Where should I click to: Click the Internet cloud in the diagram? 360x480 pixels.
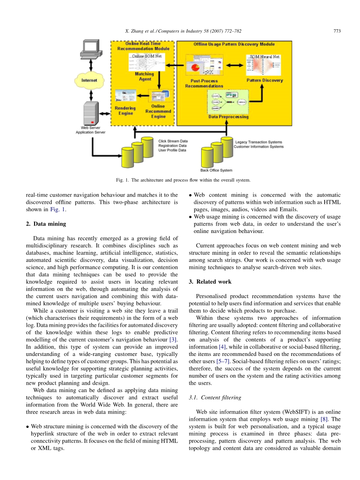click(89, 81)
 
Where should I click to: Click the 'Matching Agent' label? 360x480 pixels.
click(144, 76)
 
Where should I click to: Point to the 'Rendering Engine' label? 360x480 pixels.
click(125, 110)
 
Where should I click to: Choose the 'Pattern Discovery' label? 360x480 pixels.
click(265, 81)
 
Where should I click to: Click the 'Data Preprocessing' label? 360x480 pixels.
click(228, 117)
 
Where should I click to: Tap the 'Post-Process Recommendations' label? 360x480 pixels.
click(204, 84)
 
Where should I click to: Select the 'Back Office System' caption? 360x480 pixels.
click(216, 170)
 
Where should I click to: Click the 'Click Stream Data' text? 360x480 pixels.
click(173, 141)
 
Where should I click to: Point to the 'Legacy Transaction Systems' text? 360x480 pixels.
click(259, 142)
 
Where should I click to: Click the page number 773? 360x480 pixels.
click(337, 31)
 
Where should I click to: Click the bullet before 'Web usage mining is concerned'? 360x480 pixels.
click(190, 217)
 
